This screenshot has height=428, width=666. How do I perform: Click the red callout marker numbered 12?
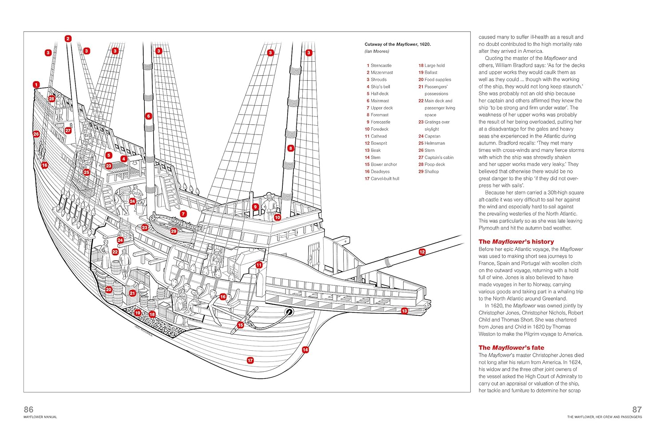pos(422,252)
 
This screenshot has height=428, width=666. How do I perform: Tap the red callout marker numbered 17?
pos(250,361)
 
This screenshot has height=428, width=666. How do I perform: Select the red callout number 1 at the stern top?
pos(36,84)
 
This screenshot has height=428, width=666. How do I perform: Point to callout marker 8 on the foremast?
pos(290,148)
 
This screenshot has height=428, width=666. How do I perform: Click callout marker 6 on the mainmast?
pos(149,116)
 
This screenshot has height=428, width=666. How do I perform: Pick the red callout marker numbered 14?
pos(305,350)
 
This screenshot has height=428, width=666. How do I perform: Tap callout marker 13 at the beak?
pos(404,311)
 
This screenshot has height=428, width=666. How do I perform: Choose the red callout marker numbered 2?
pos(68,39)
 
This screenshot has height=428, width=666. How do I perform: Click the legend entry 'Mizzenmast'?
pos(381,72)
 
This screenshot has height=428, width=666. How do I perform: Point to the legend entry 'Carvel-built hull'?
pos(385,178)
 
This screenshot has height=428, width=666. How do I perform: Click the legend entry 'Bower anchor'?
pos(383,164)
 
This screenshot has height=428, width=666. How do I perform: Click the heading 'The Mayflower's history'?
pos(516,242)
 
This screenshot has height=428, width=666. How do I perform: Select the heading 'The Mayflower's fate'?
pos(511,348)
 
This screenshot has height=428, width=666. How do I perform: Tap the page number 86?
pos(28,409)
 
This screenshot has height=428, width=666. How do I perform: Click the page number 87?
pos(637,409)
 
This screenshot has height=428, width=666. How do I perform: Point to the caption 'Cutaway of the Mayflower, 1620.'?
pos(397,44)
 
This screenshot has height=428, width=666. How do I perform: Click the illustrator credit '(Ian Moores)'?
pos(377,52)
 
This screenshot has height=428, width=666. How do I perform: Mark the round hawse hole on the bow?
pos(289,312)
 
